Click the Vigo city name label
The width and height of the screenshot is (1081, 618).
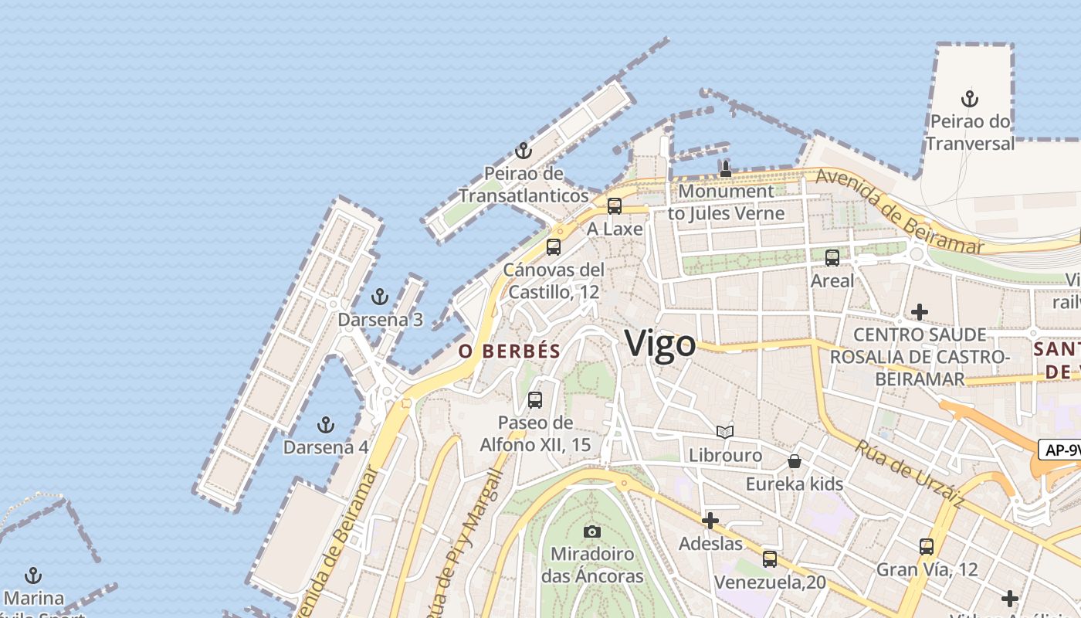660,344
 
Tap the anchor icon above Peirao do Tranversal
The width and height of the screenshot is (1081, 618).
970,99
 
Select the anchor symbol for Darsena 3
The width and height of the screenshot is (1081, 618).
379,296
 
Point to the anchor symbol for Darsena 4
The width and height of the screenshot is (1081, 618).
326,424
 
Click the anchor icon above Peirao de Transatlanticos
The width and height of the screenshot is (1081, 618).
524,151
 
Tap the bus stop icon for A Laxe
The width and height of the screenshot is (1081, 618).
615,205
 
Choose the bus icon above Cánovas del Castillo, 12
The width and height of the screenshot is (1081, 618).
554,247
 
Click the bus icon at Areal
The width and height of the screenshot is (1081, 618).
832,258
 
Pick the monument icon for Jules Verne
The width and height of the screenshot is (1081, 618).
726,168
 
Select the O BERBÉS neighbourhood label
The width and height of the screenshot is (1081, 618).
510,351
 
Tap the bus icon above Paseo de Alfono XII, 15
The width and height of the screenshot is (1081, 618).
535,400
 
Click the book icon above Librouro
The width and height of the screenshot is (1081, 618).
725,432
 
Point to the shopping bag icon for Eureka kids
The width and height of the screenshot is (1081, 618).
794,461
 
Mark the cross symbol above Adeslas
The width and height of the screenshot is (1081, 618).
710,521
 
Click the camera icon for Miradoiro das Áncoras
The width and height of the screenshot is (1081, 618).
592,531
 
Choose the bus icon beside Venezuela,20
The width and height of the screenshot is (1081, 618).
770,559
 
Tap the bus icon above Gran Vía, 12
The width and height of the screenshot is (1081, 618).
927,547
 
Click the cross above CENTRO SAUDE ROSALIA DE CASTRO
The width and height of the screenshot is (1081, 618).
919,312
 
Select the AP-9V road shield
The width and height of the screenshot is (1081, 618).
1059,450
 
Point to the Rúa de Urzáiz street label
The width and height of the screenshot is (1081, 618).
910,474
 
